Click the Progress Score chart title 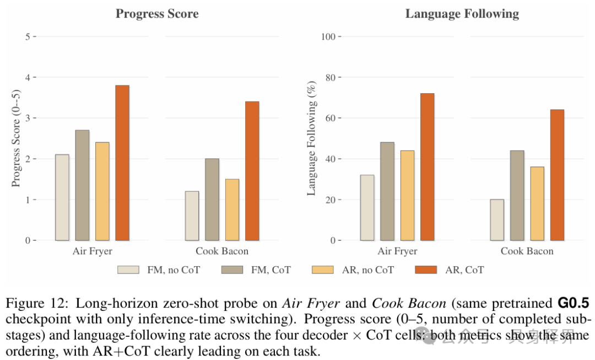click(157, 14)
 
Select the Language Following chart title click(462, 14)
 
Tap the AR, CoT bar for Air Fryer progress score click(122, 163)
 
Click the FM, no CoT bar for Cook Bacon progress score click(192, 216)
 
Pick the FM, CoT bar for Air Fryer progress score click(82, 185)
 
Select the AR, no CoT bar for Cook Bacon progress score click(232, 209)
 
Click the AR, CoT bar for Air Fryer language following click(428, 166)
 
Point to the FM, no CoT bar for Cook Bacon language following click(497, 220)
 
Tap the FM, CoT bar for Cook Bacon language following click(517, 196)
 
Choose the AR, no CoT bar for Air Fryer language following click(407, 196)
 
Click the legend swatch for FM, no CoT click(128, 270)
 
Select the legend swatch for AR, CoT click(426, 270)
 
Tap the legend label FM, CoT click(271, 270)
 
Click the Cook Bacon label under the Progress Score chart click(222, 251)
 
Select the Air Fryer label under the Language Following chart click(397, 251)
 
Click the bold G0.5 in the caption click(574, 303)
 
